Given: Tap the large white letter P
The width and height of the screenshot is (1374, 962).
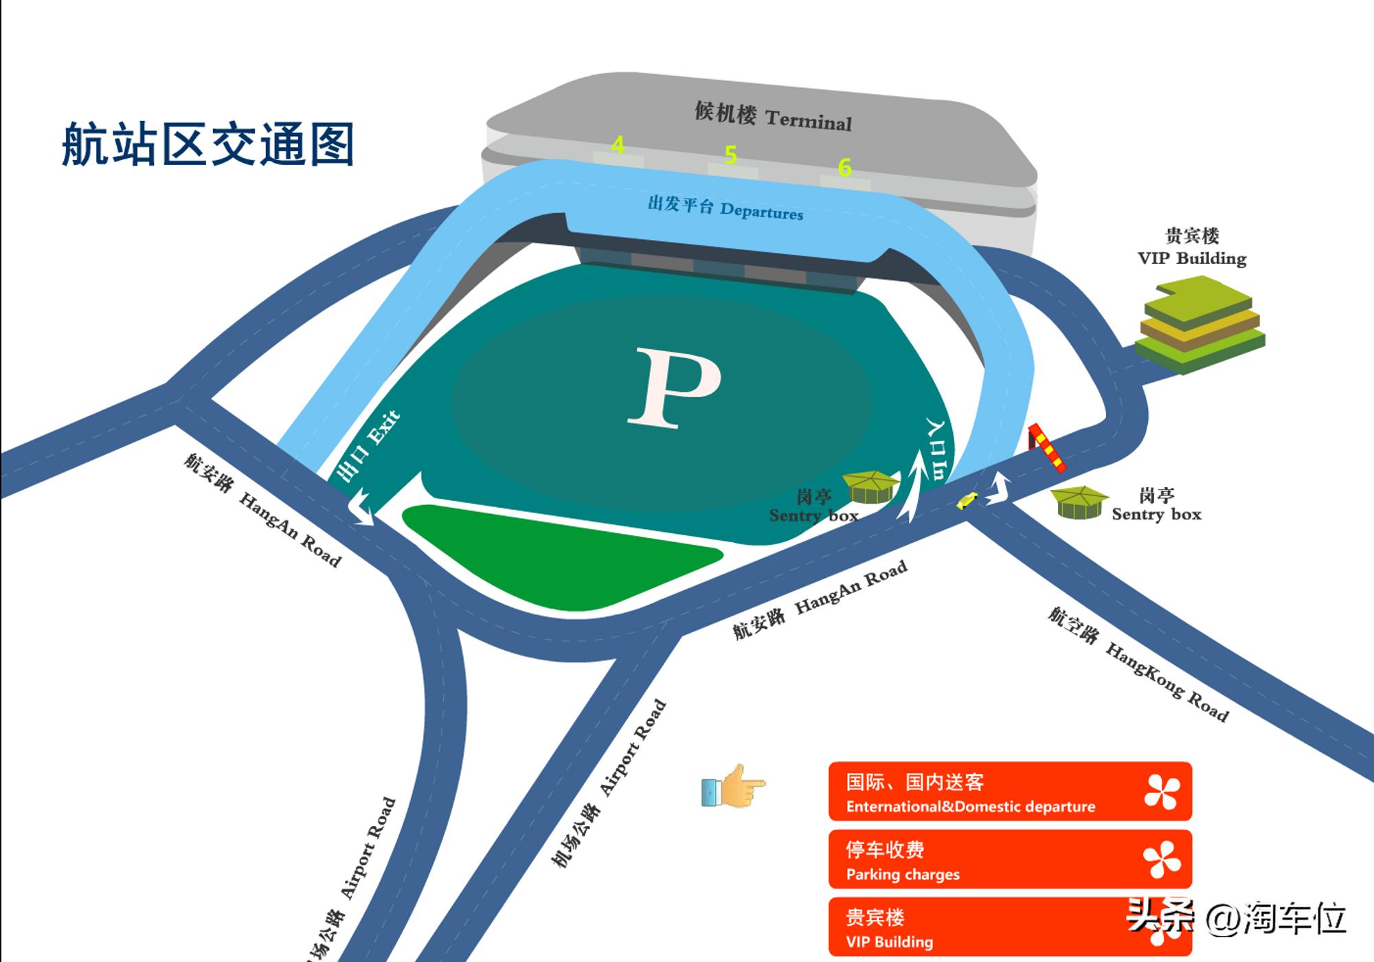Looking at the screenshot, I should click(674, 388).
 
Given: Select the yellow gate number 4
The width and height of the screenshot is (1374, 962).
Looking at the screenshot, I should click(618, 146).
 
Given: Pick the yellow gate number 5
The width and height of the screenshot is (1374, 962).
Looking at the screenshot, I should click(730, 155).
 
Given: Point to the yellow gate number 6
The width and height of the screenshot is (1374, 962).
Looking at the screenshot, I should click(844, 167).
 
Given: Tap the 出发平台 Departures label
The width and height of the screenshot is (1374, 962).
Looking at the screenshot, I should click(725, 208).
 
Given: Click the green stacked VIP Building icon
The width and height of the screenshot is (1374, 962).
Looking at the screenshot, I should click(1200, 324).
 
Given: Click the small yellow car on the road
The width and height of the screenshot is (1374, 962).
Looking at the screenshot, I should click(967, 501).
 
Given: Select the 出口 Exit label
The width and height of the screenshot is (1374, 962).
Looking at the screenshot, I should click(368, 447).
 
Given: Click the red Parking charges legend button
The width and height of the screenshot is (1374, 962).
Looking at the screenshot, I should click(1009, 860).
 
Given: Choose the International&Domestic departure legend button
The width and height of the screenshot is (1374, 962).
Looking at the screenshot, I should click(1009, 792).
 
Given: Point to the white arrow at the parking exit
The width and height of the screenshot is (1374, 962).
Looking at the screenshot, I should click(362, 509).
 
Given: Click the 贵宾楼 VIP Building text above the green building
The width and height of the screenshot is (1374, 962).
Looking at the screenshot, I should click(1192, 247).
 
